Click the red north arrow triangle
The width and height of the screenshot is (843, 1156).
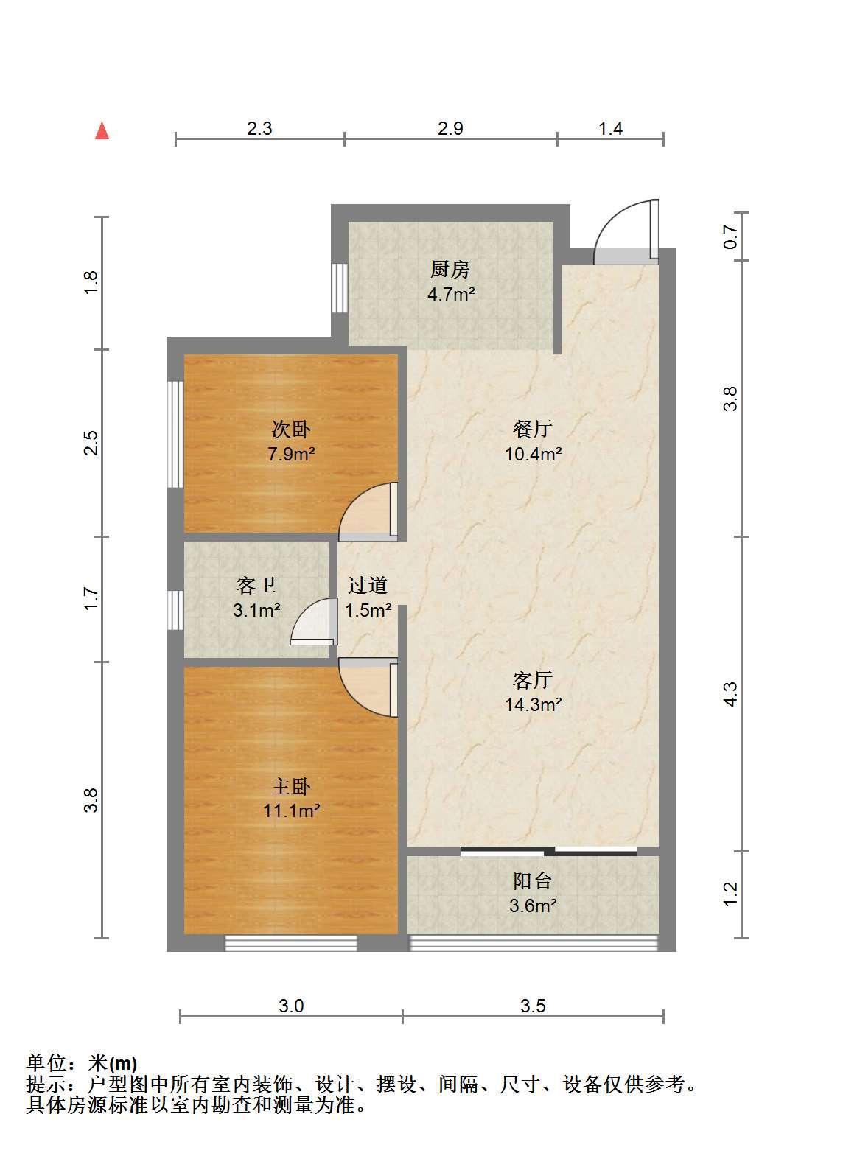(x=102, y=130)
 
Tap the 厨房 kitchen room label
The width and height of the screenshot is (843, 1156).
(x=450, y=269)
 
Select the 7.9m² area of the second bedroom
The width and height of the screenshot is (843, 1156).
(x=291, y=454)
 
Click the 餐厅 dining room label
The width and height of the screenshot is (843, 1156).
(x=532, y=428)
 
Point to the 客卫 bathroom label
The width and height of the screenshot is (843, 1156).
(x=256, y=585)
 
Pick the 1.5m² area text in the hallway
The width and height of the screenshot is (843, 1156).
(x=368, y=611)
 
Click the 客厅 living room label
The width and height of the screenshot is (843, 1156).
(x=532, y=680)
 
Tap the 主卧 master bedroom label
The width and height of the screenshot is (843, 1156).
(x=291, y=786)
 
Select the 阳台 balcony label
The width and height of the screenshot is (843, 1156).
(x=532, y=880)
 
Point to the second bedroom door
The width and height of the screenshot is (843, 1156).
(x=368, y=511)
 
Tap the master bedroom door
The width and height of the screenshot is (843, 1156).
(x=368, y=687)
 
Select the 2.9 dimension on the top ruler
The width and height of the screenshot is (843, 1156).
(x=450, y=128)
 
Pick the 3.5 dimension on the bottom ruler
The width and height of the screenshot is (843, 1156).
(x=533, y=1005)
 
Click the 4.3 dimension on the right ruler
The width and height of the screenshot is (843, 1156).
(x=730, y=693)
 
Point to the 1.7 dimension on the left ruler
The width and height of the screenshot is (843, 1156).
(x=91, y=599)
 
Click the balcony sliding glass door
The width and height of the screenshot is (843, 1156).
(x=548, y=851)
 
